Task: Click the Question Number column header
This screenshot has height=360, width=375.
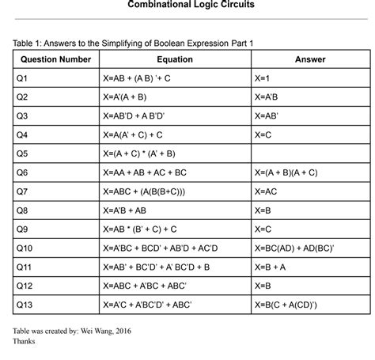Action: [x=55, y=59]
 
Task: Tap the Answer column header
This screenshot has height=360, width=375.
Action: [x=310, y=59]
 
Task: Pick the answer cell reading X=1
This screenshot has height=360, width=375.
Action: [x=264, y=79]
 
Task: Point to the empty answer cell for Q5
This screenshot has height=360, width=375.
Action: [x=310, y=153]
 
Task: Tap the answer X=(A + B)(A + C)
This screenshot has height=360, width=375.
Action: [x=286, y=172]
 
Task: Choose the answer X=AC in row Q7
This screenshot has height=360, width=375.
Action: [x=267, y=191]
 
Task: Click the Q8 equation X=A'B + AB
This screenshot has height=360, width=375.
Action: [x=125, y=210]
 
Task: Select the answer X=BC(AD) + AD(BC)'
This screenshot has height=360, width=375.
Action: [x=294, y=248]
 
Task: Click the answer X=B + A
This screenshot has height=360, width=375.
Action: [x=271, y=267]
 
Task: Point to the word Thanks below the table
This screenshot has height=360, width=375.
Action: [x=25, y=343]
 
